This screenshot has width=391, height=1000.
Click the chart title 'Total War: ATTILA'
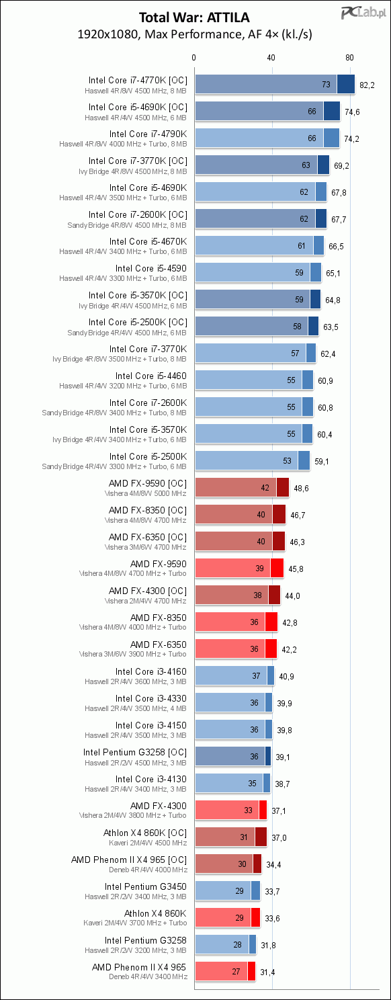pos(194,17)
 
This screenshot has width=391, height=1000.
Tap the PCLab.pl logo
pos(363,13)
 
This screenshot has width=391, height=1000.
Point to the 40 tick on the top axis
pos(271,58)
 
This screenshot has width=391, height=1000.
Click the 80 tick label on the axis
pos(349,58)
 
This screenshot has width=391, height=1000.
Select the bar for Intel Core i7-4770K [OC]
pos(275,84)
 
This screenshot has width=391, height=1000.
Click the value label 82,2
pos(367,85)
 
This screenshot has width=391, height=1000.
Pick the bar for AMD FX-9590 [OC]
pos(242,487)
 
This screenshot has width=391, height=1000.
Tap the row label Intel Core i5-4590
pos(151,268)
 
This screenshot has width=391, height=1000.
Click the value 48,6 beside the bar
pos(301,489)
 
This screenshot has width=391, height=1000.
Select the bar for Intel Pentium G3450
pos(228,890)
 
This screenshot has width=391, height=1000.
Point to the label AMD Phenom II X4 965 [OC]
pos(129,860)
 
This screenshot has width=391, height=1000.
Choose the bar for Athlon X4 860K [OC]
pos(230,837)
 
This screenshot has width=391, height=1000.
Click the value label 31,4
pos(267,972)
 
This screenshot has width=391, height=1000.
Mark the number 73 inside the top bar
pos(327,85)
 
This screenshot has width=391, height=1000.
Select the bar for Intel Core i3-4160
pos(234,675)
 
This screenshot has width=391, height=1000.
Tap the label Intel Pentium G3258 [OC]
pos(135,752)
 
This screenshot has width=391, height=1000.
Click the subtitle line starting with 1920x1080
pos(195,34)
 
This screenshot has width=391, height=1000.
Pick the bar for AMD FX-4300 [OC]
pos(238,595)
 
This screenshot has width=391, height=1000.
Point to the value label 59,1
pos(322,462)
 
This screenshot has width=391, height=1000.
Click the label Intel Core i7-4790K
pos(148,134)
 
